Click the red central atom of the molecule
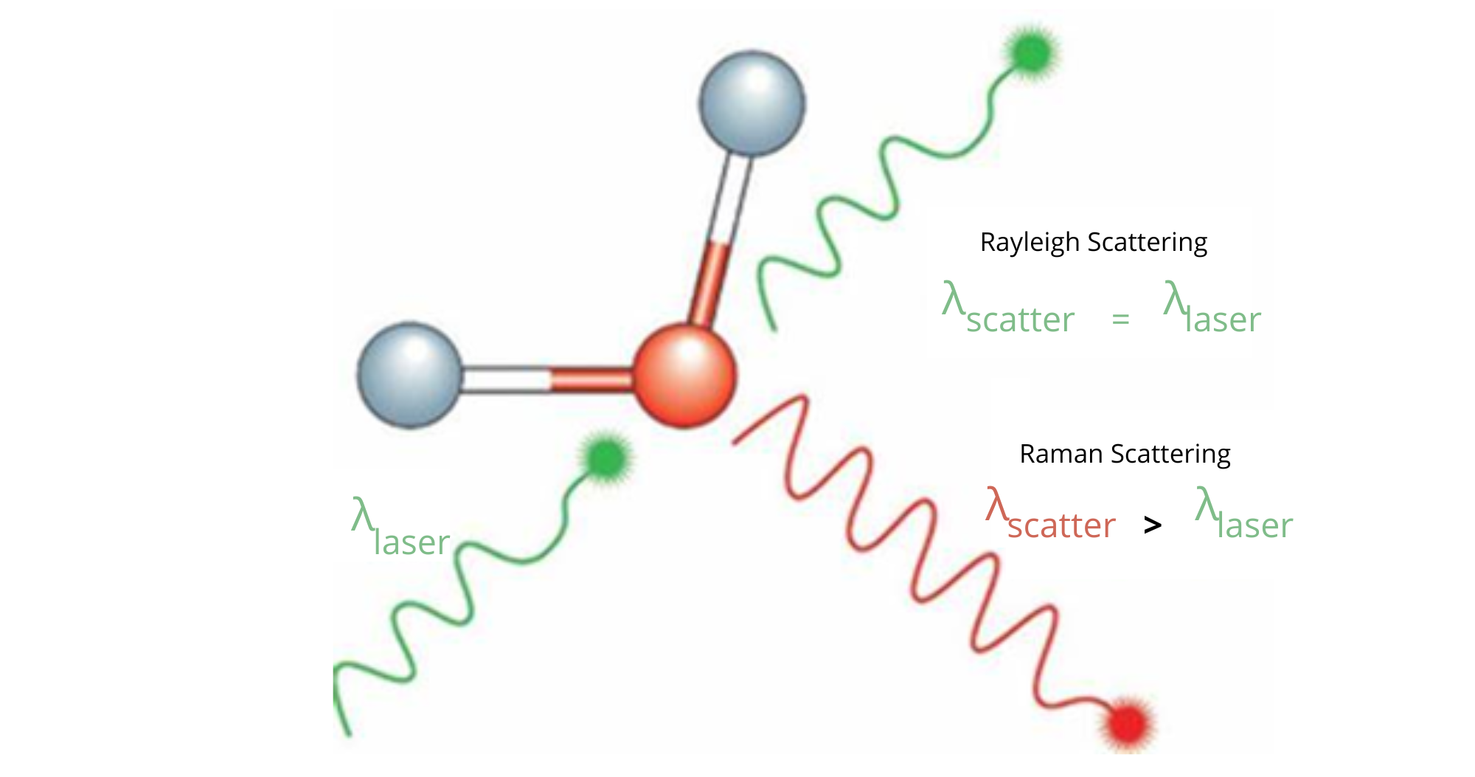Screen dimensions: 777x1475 pyautogui.click(x=684, y=376)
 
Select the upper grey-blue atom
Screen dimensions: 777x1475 pyautogui.click(x=752, y=103)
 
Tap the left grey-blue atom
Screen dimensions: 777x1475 pyautogui.click(x=410, y=375)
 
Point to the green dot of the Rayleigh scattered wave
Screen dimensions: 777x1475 pyautogui.click(x=1032, y=52)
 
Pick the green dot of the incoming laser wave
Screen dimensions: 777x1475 pyautogui.click(x=606, y=458)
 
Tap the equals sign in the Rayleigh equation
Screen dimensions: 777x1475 pyautogui.click(x=1120, y=320)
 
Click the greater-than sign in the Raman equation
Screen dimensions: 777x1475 pyautogui.click(x=1152, y=525)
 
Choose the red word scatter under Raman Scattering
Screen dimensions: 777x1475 pyautogui.click(x=1061, y=526)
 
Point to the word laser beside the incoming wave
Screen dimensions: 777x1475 pyautogui.click(x=412, y=543)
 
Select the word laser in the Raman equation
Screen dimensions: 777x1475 pyautogui.click(x=1254, y=526)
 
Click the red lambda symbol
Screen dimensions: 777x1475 pyautogui.click(x=996, y=505)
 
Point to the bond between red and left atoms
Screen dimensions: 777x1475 pyautogui.click(x=546, y=379)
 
